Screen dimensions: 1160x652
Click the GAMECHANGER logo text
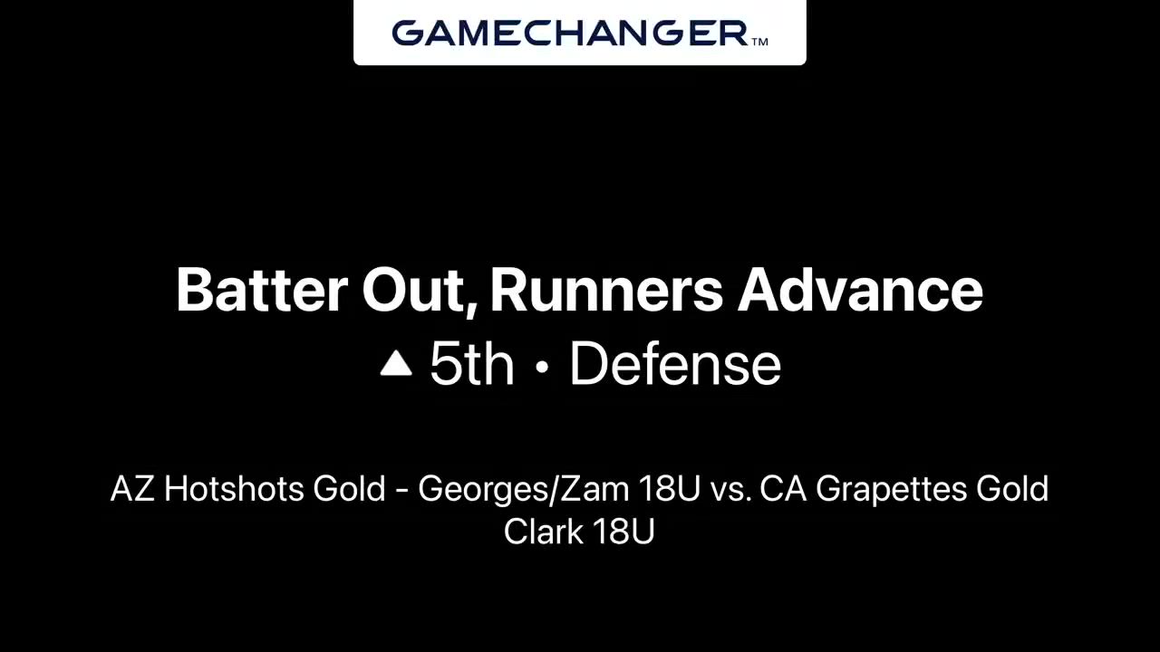pyautogui.click(x=570, y=34)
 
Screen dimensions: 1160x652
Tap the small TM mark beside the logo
pyautogui.click(x=759, y=42)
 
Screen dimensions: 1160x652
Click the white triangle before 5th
pyautogui.click(x=396, y=363)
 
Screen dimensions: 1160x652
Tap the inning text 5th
pyautogui.click(x=472, y=364)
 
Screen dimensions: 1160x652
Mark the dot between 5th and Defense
pyautogui.click(x=542, y=367)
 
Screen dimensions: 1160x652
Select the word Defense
pyautogui.click(x=675, y=364)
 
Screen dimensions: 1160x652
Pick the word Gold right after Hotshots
pyautogui.click(x=350, y=488)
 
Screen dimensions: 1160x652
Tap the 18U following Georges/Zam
pyautogui.click(x=669, y=488)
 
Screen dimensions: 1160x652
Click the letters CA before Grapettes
pyautogui.click(x=784, y=488)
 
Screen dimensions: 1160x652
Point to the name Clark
pyautogui.click(x=544, y=531)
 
